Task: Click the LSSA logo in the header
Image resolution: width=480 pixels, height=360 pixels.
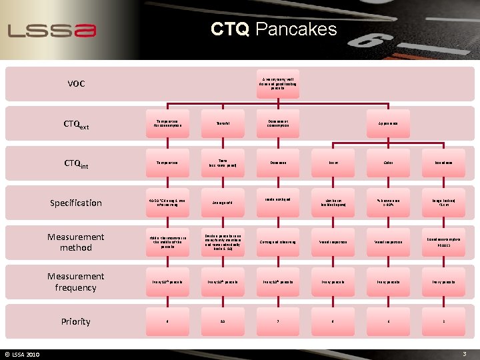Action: coord(52,30)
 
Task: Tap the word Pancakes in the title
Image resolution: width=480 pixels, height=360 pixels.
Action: coord(296,29)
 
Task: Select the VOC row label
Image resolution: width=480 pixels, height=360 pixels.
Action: coord(76,84)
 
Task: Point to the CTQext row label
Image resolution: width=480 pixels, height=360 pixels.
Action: coord(76,125)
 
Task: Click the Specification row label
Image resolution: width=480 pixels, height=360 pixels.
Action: coord(76,203)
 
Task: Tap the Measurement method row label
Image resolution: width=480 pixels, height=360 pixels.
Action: coord(76,242)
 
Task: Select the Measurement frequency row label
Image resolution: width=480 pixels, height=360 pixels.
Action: coord(76,281)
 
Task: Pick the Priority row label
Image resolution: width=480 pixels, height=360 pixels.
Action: coord(76,321)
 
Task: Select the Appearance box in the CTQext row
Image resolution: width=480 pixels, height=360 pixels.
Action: coord(380,124)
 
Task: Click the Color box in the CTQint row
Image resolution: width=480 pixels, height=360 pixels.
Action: coord(380,163)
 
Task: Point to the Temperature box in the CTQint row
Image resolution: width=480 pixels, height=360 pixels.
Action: coord(167,163)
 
